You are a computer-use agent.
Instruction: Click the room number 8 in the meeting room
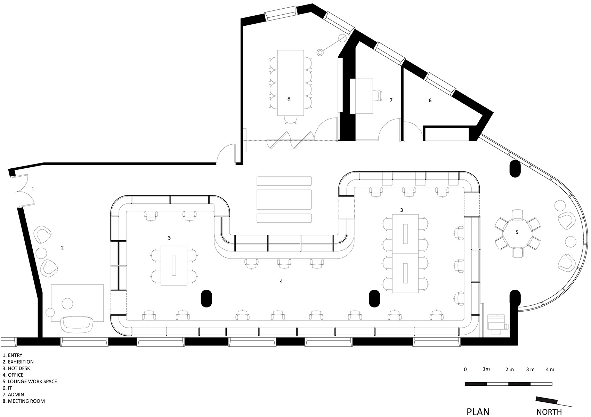289,99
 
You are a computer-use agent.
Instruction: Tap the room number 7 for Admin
391,100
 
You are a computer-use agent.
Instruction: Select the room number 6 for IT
430,101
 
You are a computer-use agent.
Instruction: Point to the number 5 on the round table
517,232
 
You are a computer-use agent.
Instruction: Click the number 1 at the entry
33,189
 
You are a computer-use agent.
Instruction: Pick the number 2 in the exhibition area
62,248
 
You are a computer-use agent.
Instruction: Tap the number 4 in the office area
281,281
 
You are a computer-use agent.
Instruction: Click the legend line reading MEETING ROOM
24,401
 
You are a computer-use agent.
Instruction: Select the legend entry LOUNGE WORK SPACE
30,382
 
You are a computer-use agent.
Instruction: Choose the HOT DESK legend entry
16,368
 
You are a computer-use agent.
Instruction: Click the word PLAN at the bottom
478,412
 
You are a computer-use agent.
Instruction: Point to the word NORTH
549,412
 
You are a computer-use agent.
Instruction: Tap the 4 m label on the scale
550,369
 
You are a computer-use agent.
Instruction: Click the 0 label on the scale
465,369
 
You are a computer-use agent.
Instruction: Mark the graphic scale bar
508,384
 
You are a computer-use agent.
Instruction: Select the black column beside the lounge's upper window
515,169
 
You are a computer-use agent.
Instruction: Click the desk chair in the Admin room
378,96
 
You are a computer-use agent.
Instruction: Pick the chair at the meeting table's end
291,120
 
